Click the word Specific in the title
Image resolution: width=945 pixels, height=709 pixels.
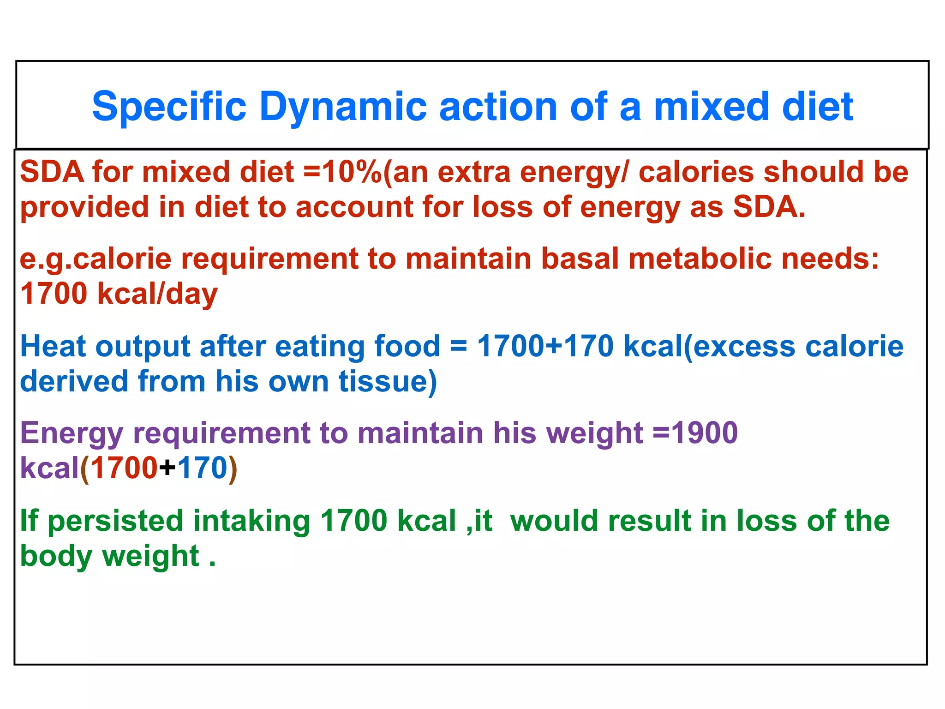[x=169, y=107]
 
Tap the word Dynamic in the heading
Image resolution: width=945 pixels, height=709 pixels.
[x=343, y=107]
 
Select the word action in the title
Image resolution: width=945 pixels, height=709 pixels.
[x=498, y=107]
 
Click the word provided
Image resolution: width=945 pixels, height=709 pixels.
[x=84, y=207]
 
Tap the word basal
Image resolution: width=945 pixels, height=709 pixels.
[x=580, y=258]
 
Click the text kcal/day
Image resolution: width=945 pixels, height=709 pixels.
[x=157, y=294]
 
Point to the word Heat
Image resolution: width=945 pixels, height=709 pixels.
[x=53, y=346]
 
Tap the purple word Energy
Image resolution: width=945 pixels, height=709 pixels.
[x=72, y=433]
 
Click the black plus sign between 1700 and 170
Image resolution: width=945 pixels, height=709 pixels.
[x=167, y=468]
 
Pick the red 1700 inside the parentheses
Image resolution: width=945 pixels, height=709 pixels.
[x=124, y=468]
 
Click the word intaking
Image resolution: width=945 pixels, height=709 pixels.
[x=251, y=521]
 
